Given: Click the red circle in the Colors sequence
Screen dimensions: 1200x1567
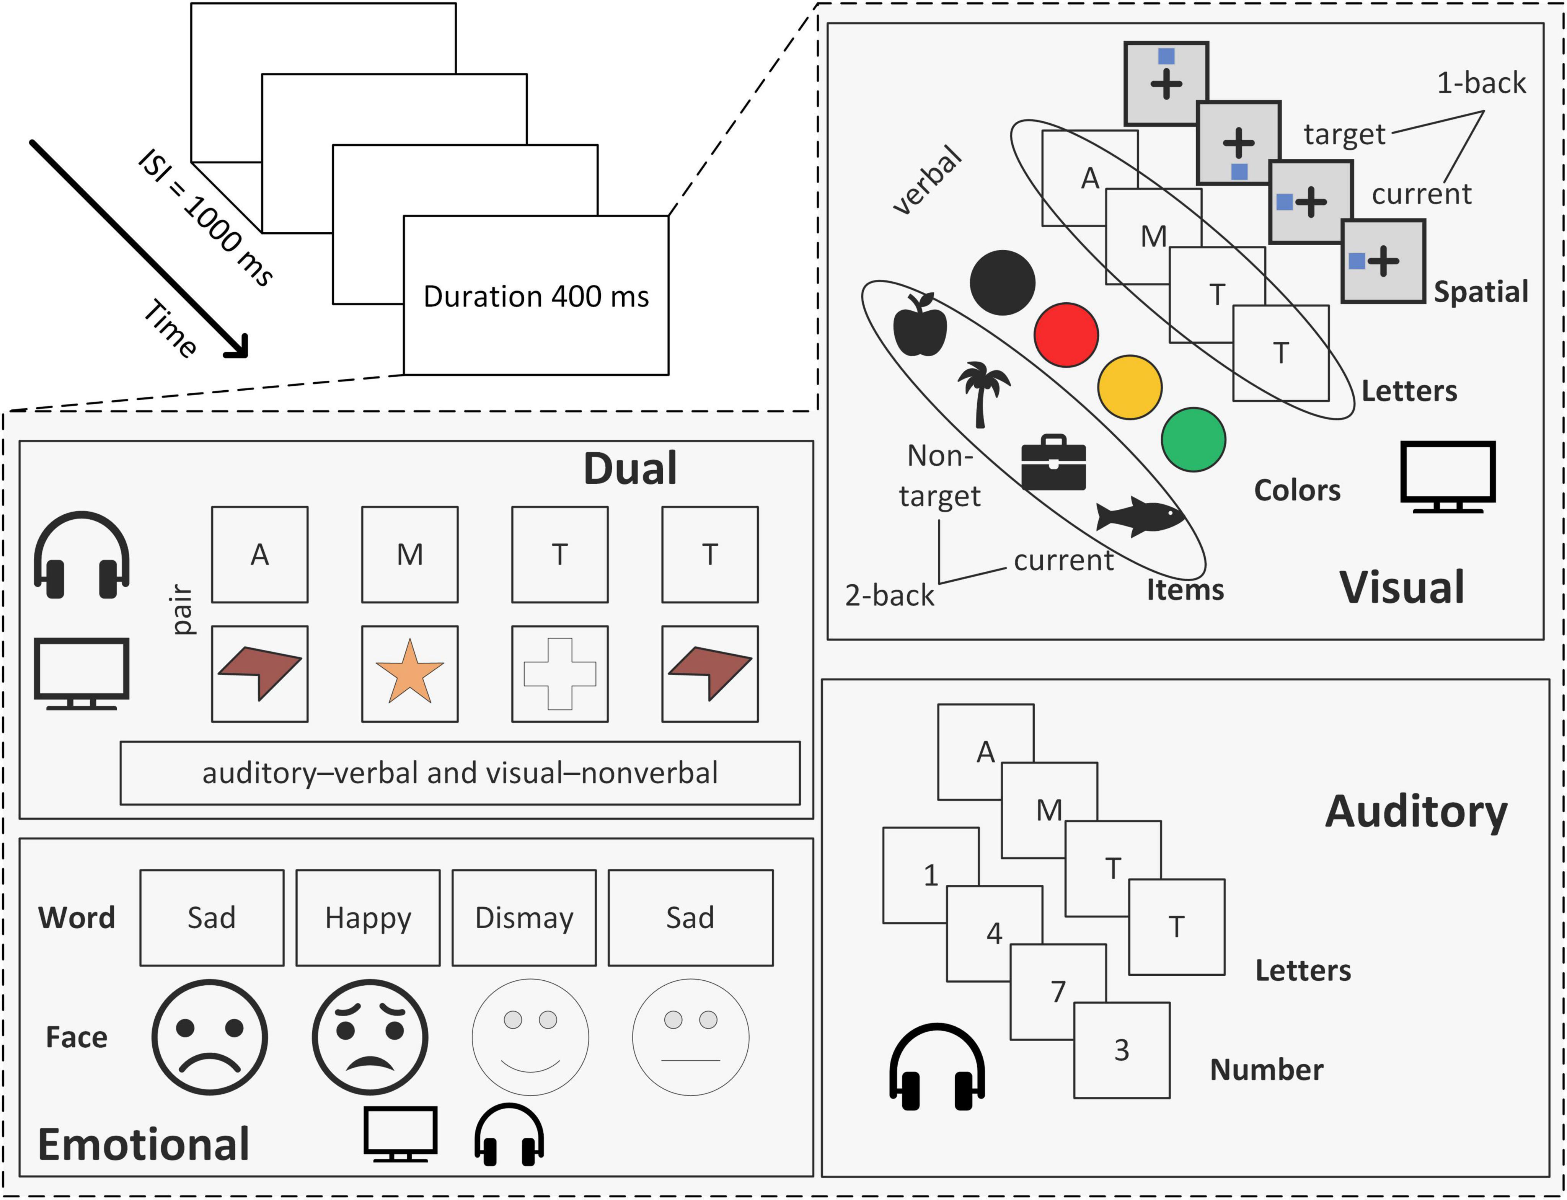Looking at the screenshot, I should (1066, 335).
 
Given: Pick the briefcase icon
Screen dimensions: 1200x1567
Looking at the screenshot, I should (1053, 463).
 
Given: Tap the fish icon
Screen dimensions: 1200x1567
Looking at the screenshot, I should (1139, 516).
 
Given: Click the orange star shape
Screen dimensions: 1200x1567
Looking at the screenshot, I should (409, 673).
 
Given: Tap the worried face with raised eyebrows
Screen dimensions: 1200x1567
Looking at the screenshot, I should (370, 1037).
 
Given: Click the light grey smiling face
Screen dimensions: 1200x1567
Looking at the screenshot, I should (530, 1037).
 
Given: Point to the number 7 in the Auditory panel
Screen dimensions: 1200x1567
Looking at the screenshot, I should (1058, 991).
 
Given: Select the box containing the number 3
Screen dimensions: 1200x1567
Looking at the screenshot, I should (1121, 1049).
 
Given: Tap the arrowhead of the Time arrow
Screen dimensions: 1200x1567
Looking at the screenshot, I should (239, 349).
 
